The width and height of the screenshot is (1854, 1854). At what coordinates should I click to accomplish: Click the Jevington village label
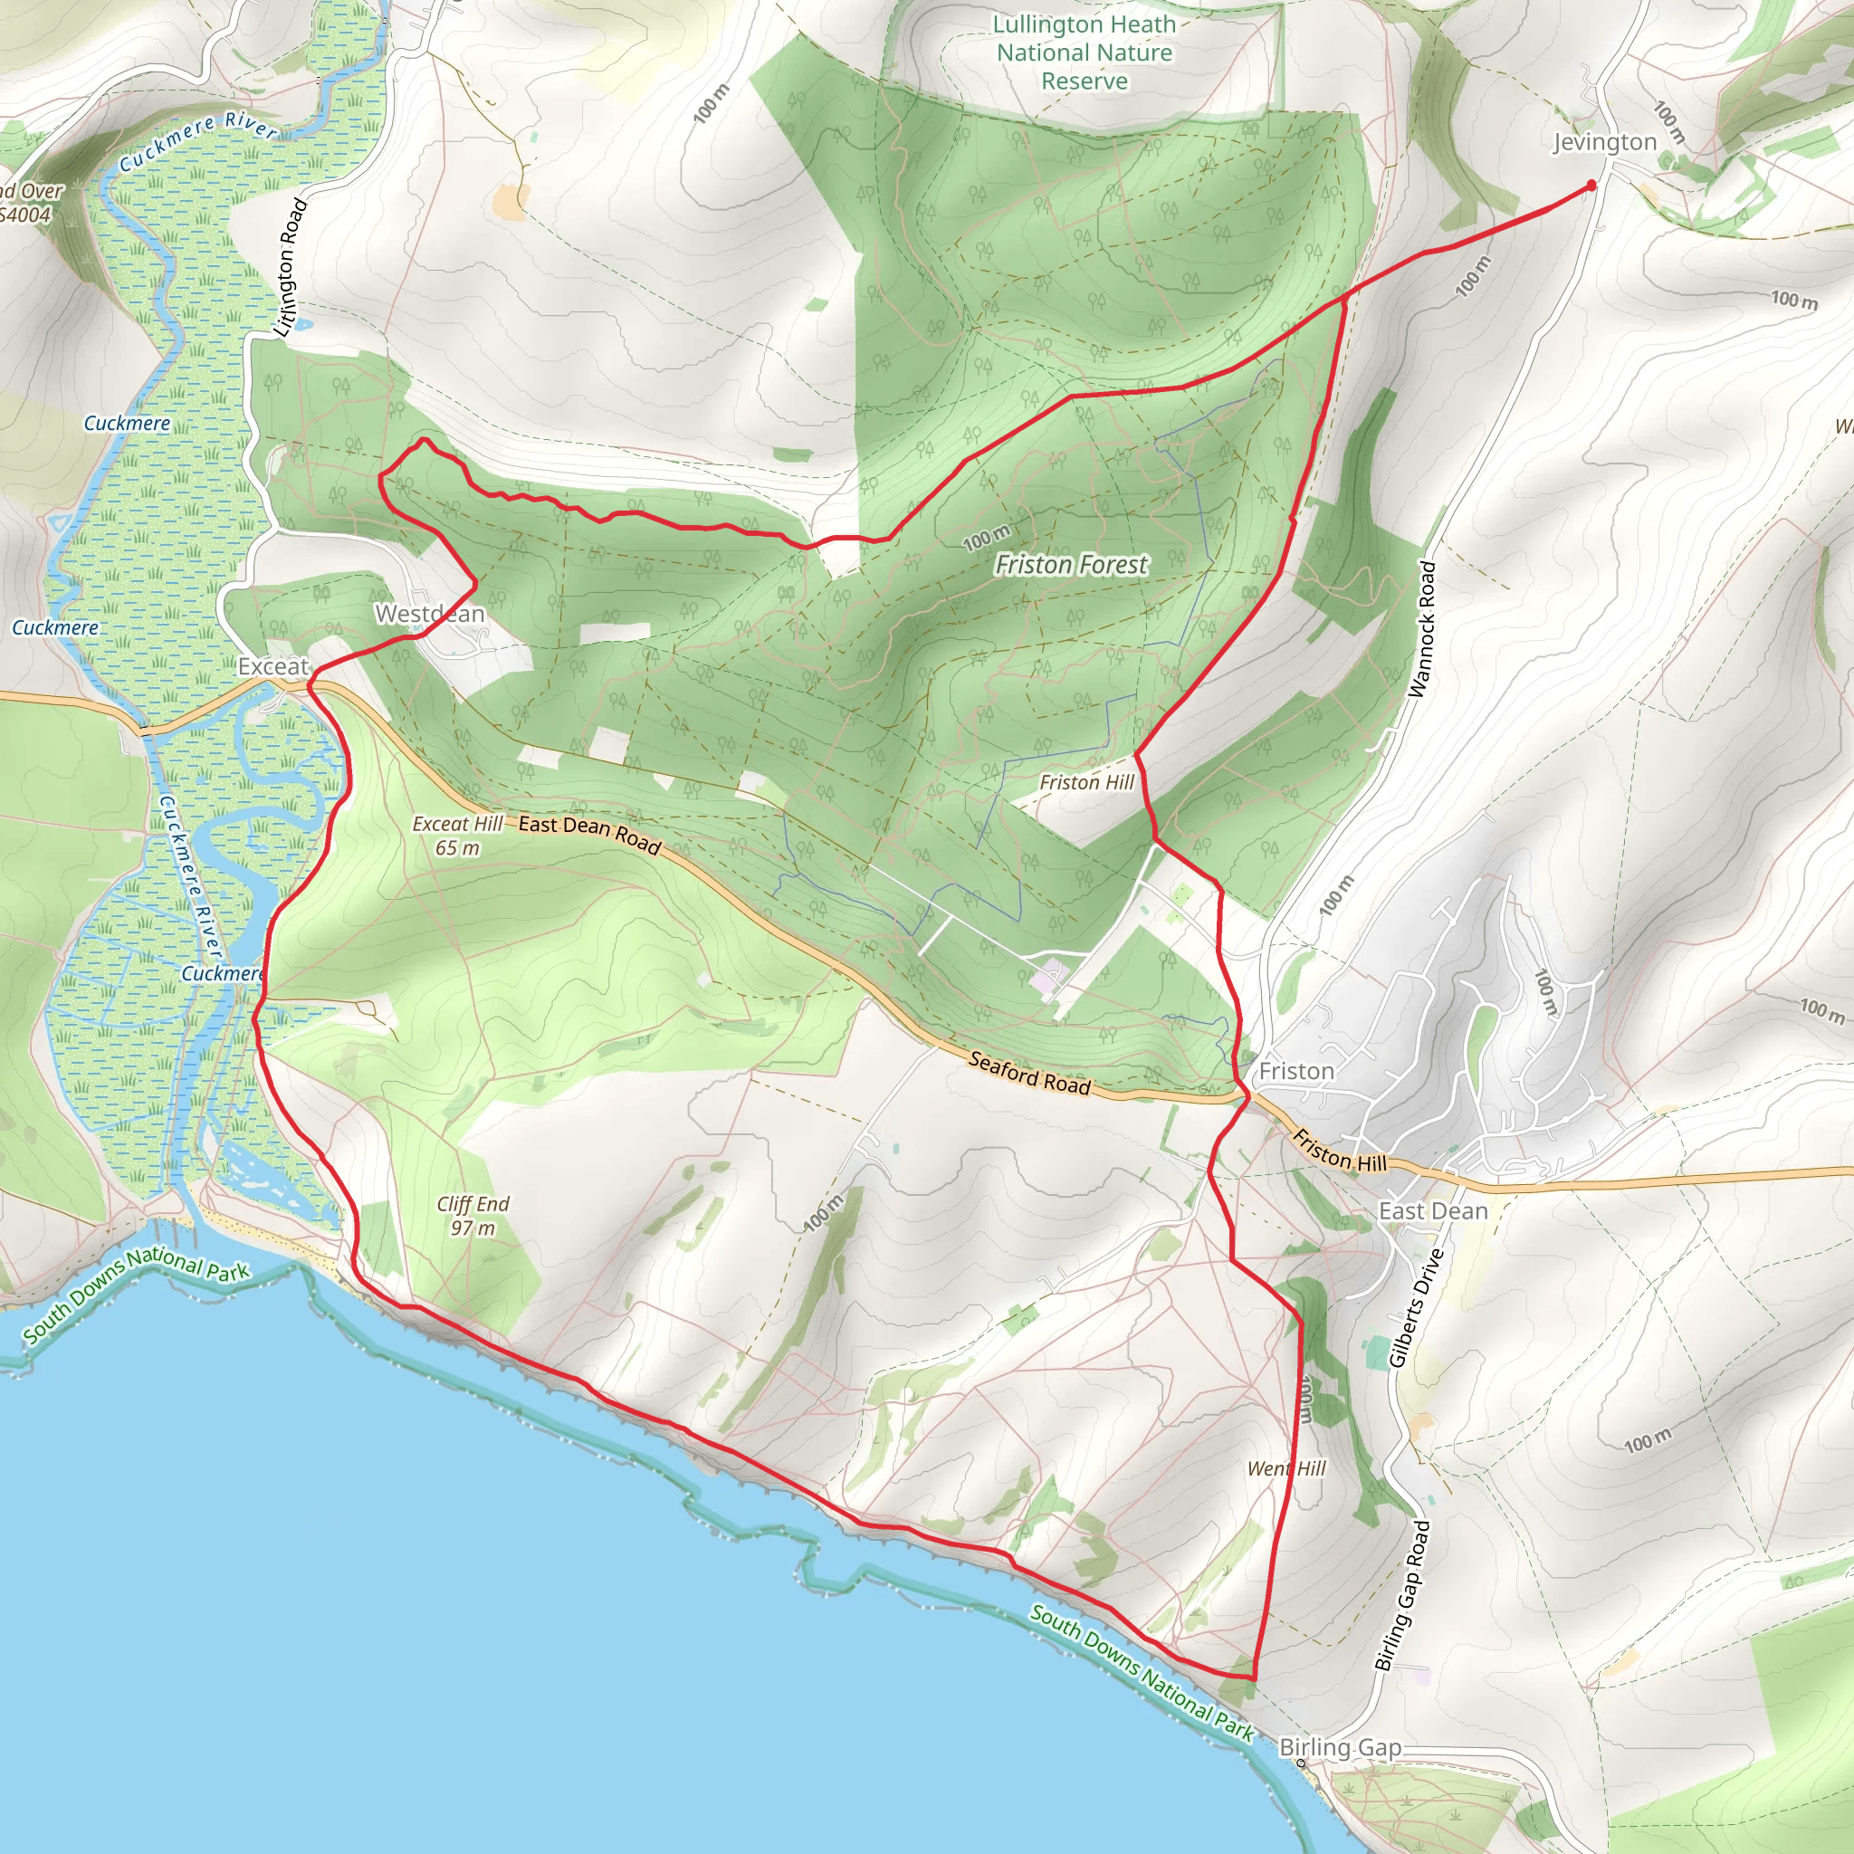[1604, 142]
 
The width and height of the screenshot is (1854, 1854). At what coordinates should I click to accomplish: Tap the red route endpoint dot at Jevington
[1591, 186]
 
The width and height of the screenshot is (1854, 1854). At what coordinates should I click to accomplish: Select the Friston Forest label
[1071, 565]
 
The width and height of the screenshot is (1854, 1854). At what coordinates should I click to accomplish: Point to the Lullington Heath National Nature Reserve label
[1085, 53]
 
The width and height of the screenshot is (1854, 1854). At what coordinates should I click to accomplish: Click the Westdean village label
[429, 613]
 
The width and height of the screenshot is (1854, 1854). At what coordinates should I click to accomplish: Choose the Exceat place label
[273, 666]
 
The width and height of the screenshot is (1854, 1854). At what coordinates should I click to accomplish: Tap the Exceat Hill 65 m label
[458, 836]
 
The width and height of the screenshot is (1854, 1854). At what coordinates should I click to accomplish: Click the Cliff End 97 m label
[473, 1215]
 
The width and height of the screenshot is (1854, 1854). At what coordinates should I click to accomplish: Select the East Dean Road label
[589, 835]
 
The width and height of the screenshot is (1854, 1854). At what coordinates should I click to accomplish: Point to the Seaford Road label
[1029, 1073]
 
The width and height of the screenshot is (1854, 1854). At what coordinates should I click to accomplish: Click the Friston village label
[1296, 1071]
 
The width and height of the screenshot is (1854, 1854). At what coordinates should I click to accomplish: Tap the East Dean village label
[1433, 1211]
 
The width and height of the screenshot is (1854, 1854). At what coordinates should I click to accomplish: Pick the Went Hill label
[1285, 1468]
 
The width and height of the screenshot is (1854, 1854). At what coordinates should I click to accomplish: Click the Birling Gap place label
[1340, 1747]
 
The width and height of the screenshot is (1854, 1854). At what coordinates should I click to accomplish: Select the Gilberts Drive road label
[1417, 1307]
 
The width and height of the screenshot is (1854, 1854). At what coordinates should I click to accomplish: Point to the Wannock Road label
[1422, 629]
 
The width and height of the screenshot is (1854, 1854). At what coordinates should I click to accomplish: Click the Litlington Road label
[291, 267]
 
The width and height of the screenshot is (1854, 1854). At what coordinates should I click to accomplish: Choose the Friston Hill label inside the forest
[1086, 782]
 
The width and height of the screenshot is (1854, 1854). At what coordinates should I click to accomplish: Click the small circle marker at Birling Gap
[1301, 1763]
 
